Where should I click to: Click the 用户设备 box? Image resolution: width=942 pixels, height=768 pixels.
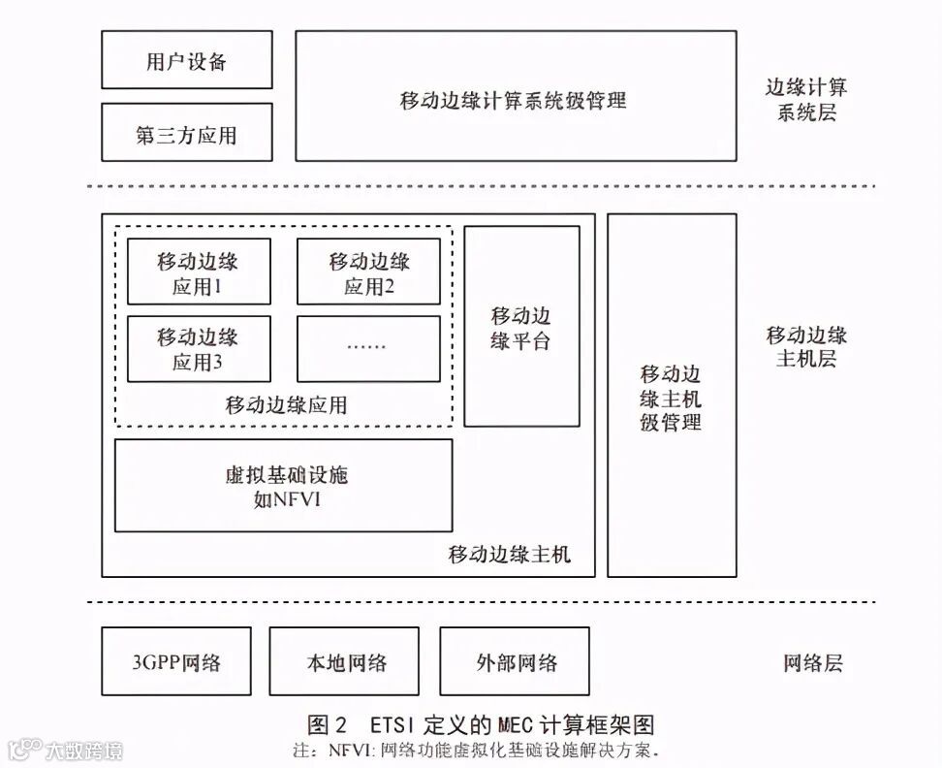click(187, 60)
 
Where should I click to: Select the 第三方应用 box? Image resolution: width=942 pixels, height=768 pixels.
click(187, 134)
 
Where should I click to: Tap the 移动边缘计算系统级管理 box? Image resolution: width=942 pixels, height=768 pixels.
click(514, 96)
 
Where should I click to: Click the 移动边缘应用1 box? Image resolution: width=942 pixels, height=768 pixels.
click(199, 273)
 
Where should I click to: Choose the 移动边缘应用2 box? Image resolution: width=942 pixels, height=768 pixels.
click(368, 273)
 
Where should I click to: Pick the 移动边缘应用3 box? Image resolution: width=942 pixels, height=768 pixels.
click(199, 349)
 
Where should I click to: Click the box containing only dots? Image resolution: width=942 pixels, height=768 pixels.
click(368, 347)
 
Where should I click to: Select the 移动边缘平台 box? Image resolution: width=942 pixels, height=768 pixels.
click(521, 327)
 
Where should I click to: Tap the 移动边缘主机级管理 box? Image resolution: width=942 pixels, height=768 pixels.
click(671, 397)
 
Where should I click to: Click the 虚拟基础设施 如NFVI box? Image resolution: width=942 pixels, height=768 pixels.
click(284, 486)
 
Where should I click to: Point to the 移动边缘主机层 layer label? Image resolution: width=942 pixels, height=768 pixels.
click(806, 347)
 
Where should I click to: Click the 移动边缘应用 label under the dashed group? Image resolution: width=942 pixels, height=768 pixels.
click(287, 405)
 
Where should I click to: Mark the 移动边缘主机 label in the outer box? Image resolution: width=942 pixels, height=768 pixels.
click(510, 555)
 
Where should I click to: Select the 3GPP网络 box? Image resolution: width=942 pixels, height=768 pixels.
click(176, 661)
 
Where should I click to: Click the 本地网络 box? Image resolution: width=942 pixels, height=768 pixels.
click(344, 661)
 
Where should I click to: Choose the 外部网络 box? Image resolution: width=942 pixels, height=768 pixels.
click(515, 661)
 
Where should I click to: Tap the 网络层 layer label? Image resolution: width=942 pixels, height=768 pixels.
click(813, 663)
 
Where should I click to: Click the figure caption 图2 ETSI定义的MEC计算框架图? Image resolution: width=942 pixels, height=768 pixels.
click(481, 725)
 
